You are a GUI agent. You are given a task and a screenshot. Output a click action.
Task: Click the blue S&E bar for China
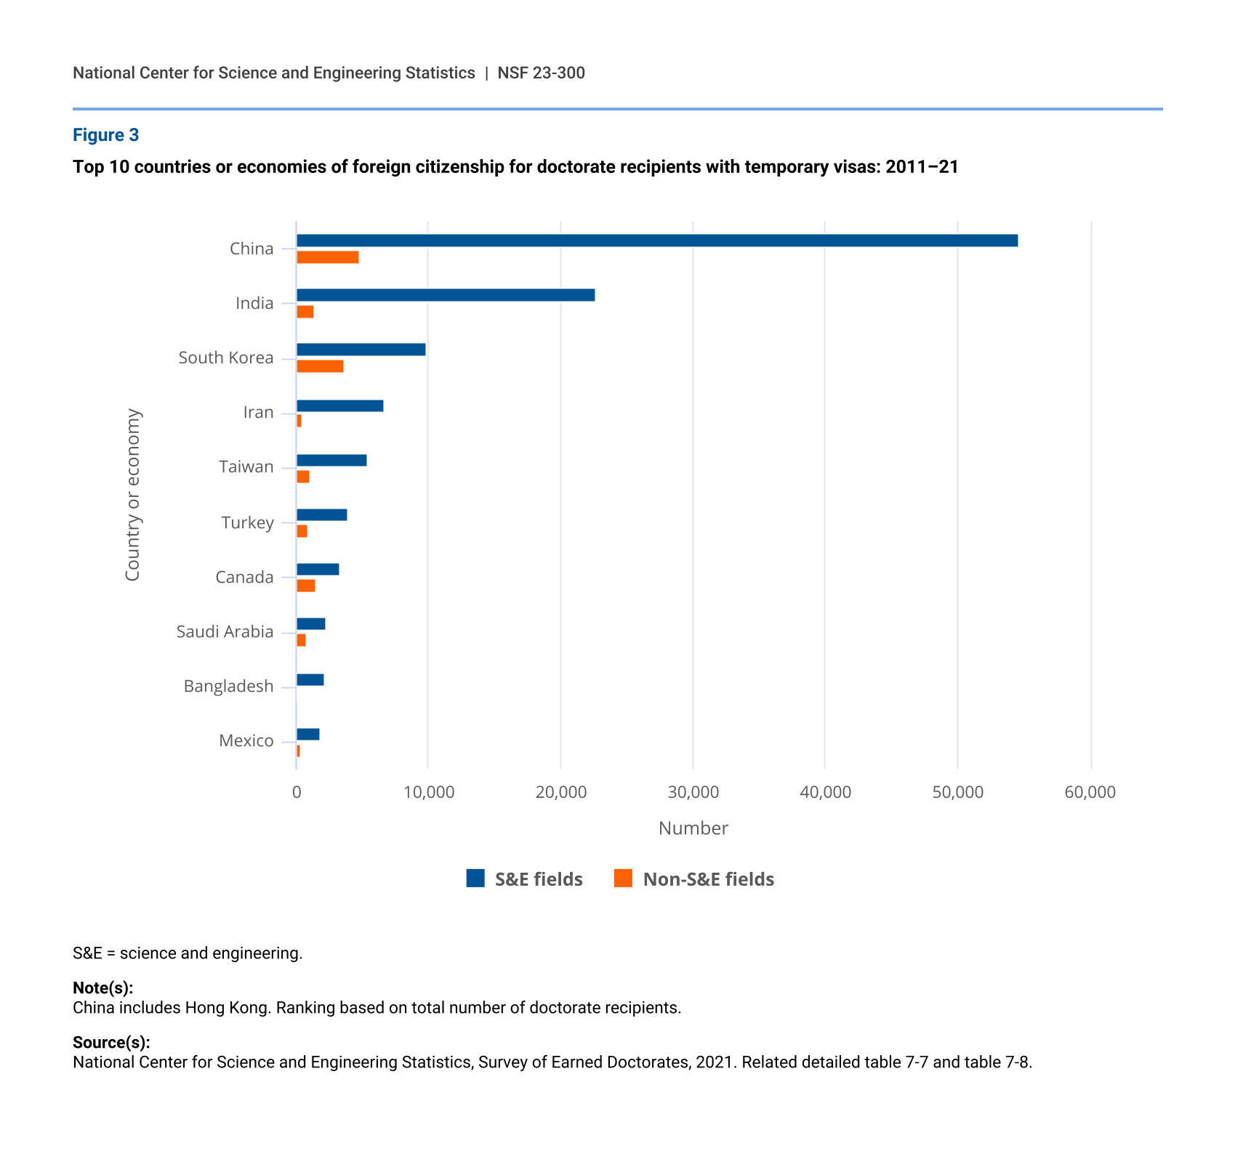656,241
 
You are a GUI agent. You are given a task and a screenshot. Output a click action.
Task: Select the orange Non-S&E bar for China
327,257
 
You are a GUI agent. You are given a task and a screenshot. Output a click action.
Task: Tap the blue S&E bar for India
445,295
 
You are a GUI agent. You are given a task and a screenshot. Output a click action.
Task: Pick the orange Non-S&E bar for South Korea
320,366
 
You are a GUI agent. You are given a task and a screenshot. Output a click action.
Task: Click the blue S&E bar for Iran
339,406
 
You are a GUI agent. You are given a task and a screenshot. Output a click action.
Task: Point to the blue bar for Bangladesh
310,680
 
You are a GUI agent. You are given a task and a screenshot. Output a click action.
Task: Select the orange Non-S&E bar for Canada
305,586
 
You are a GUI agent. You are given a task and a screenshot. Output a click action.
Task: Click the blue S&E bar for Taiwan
331,460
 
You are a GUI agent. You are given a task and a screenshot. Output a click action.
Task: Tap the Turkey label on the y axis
247,522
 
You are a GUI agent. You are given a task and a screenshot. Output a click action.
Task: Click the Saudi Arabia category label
225,631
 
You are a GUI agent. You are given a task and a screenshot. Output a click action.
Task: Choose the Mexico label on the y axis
246,740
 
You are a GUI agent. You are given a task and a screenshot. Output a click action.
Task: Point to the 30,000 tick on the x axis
693,792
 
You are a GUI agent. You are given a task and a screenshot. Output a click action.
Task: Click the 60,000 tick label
1090,792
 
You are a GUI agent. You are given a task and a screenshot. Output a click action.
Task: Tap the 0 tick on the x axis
297,792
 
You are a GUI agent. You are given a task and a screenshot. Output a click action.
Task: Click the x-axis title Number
693,828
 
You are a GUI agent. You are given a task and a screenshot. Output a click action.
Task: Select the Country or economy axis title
132,495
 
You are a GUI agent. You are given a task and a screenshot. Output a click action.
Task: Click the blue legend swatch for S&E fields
475,879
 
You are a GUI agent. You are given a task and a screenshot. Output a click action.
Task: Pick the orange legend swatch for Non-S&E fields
623,879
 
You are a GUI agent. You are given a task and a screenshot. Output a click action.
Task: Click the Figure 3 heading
105,135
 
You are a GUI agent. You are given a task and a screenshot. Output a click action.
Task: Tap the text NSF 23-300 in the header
541,73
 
